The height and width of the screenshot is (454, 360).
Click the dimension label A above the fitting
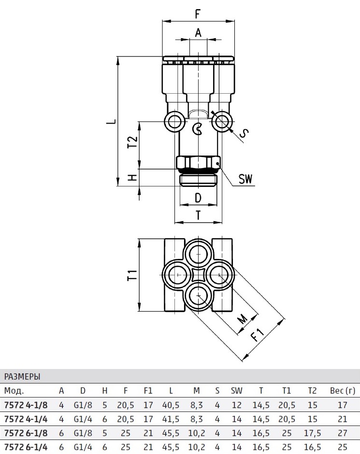point(198,33)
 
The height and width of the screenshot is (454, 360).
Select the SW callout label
point(246,180)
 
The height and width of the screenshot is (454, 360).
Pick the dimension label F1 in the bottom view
point(258,334)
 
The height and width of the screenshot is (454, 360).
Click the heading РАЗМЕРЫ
point(22,376)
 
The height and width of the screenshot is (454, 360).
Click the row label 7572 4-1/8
point(26,405)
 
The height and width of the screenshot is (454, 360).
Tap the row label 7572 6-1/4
point(26,447)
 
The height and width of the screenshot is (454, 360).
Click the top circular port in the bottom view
point(198,253)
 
